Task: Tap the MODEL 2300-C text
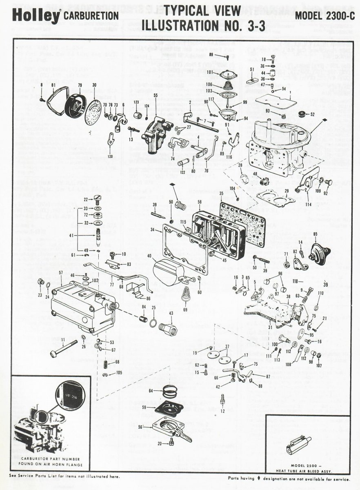click(323, 16)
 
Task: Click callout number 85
click(315, 234)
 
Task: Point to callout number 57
click(60, 272)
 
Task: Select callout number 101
click(210, 73)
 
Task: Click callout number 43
click(171, 313)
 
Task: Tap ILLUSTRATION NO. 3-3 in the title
click(203, 25)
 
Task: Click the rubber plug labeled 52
click(303, 113)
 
